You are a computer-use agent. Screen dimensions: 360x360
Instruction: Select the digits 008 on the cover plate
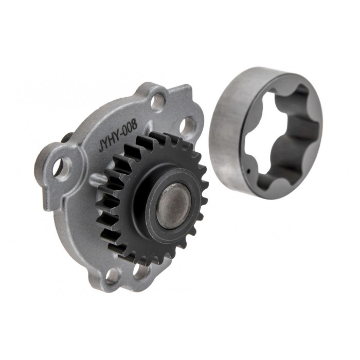pos(129,130)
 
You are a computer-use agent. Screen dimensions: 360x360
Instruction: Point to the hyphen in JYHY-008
pos(121,135)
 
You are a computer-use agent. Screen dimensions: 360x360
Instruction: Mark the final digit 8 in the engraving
pos(135,127)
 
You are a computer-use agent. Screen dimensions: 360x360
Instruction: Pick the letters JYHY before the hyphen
pos(110,141)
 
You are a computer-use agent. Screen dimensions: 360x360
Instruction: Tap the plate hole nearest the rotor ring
pos(187,125)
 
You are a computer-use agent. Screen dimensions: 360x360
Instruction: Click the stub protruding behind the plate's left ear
pos(66,138)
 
